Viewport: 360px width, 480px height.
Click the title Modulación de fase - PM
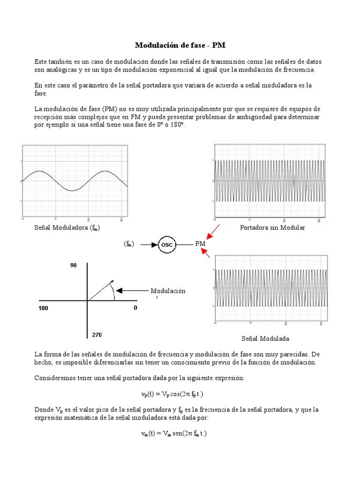click(180, 45)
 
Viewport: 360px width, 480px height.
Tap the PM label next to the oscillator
click(200, 244)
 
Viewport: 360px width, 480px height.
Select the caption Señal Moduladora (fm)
click(67, 227)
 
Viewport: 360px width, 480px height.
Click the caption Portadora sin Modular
click(272, 227)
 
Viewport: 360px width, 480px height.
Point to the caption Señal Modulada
click(265, 338)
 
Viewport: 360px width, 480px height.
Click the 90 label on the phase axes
click(74, 265)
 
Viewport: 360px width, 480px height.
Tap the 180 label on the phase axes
click(44, 308)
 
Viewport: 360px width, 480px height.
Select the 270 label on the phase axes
click(97, 335)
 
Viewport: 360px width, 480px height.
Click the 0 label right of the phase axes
click(135, 308)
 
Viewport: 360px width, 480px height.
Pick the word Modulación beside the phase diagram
click(168, 291)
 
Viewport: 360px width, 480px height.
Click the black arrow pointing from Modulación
click(131, 291)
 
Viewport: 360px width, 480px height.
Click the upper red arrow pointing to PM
click(212, 232)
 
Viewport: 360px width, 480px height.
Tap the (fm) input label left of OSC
click(129, 244)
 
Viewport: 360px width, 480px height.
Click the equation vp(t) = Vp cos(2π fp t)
click(172, 394)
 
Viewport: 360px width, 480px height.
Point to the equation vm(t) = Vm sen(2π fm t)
click(174, 434)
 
